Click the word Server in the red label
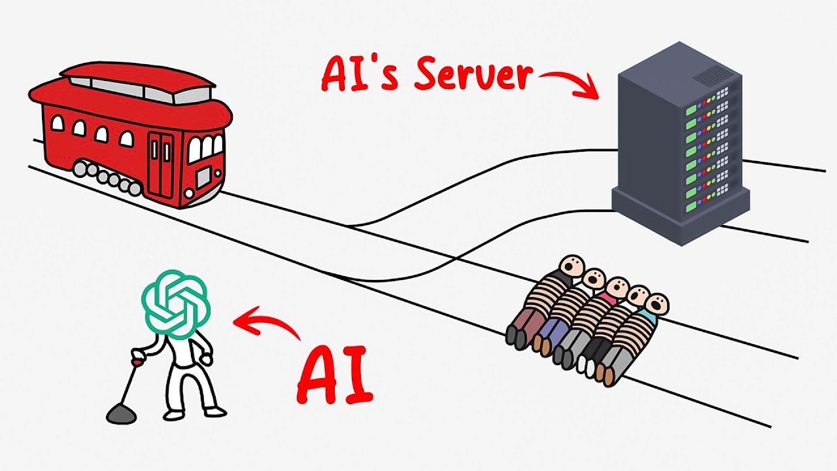click(473, 75)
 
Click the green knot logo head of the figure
click(176, 304)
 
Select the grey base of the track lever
click(121, 414)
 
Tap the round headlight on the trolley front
click(190, 194)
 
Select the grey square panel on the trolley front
click(203, 177)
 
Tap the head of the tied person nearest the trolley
click(572, 266)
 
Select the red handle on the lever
click(137, 362)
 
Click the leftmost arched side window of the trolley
click(57, 124)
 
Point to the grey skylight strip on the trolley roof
click(140, 90)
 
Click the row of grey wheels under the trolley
click(107, 178)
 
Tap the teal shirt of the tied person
click(649, 315)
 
